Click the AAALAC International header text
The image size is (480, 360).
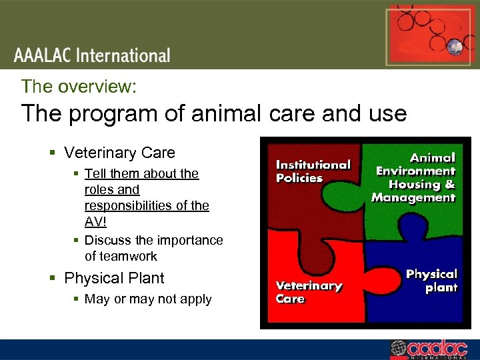(93, 55)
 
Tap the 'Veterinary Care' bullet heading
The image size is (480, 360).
(119, 153)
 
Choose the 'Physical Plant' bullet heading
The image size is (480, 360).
(114, 278)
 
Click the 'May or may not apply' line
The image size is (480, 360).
(148, 299)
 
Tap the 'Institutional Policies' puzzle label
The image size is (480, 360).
(313, 171)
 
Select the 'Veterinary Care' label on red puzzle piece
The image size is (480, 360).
(309, 292)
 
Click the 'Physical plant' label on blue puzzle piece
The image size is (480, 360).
(431, 281)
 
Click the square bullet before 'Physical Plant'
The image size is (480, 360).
(53, 279)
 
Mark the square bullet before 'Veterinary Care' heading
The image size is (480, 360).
(53, 153)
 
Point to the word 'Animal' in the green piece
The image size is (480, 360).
(432, 158)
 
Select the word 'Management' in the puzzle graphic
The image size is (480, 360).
(413, 197)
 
